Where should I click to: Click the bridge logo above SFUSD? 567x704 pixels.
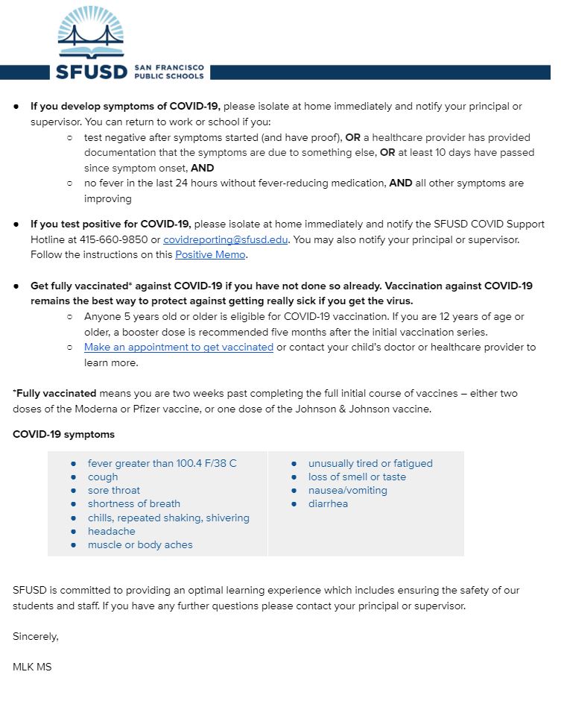point(91,34)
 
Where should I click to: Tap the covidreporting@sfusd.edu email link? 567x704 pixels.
point(225,239)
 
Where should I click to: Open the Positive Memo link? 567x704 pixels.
point(210,255)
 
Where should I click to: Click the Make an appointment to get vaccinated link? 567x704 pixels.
point(179,348)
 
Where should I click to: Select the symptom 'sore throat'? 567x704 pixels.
point(114,490)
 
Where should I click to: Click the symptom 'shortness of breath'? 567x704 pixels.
point(134,503)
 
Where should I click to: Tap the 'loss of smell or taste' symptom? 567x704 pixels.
point(357,477)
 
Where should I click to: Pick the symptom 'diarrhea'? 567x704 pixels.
point(328,503)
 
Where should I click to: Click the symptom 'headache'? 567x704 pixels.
point(112,531)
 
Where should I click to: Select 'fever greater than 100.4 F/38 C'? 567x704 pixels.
point(162,463)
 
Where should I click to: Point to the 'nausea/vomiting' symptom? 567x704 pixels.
point(347,490)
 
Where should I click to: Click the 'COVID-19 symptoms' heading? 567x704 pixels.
point(63,434)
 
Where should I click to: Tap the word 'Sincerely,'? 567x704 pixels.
point(36,636)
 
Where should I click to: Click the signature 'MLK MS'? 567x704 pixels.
point(32,667)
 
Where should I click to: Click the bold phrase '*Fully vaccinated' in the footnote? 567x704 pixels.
point(54,393)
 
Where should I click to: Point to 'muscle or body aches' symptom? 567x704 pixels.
point(140,544)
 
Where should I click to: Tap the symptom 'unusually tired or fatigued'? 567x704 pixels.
point(370,463)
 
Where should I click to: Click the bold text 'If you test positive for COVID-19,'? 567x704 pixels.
point(111,224)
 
